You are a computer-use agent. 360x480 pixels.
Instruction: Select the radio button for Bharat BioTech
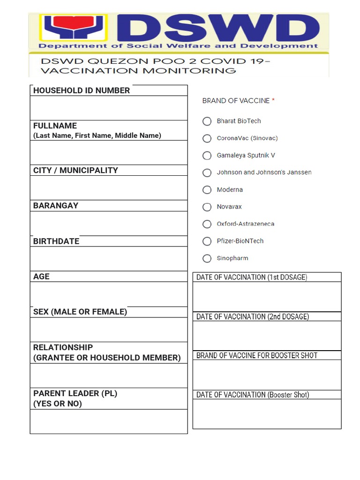pos(207,121)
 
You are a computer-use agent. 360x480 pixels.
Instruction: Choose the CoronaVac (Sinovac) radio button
pos(207,138)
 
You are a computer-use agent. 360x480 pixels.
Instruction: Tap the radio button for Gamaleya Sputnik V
pos(207,155)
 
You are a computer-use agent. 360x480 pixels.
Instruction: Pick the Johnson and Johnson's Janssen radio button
pos(207,172)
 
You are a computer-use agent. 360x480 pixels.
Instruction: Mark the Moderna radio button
pos(207,190)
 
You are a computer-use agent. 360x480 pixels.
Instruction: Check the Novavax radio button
pos(207,207)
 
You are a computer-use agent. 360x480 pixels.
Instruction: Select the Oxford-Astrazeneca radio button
pos(207,224)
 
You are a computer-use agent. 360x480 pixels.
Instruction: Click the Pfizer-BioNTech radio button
pos(207,241)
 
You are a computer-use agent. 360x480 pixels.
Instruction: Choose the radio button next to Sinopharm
pos(207,258)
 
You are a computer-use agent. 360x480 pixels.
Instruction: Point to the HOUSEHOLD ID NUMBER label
pos(82,90)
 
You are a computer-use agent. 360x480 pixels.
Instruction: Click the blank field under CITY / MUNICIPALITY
pos(109,188)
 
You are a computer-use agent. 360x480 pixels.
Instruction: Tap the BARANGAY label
pos(56,206)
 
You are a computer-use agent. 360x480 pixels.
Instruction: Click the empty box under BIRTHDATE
pos(109,259)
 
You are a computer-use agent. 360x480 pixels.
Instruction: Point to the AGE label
pos(41,277)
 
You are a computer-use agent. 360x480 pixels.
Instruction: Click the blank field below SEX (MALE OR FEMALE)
pos(109,330)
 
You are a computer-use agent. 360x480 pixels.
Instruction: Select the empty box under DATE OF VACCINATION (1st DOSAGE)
pos(267,296)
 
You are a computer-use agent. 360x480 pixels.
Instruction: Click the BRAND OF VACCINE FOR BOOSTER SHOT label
pos(257,355)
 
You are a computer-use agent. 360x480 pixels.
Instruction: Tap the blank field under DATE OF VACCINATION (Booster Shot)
pos(267,413)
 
